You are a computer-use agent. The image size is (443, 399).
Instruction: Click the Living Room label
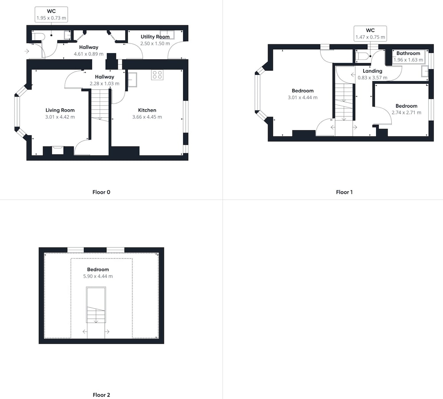pos(60,110)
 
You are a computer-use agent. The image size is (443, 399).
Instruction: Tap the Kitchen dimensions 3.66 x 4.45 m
pos(147,117)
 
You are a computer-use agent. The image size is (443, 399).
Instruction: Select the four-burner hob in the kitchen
pos(157,75)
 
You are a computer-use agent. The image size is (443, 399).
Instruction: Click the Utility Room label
pos(155,37)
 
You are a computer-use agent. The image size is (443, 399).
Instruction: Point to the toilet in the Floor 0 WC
pos(38,37)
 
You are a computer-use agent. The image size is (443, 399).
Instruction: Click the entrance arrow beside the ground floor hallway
pos(27,51)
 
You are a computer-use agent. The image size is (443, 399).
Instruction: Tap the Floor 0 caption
pos(101,192)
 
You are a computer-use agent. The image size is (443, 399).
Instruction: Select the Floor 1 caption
pos(344,192)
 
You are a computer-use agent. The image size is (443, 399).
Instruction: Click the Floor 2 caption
pos(101,395)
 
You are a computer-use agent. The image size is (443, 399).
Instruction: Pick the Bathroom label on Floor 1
pos(408,53)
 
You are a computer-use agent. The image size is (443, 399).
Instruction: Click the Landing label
pos(373,71)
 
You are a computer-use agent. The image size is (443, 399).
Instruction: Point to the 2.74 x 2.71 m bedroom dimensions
pos(406,112)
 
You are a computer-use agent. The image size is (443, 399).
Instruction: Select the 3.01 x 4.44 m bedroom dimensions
pos(303,97)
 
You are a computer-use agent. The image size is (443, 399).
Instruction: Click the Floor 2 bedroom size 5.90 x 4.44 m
pos(98,276)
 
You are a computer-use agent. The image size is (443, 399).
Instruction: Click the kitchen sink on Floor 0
pos(132,79)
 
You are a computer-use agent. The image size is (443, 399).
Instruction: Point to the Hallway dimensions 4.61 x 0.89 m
pos(89,54)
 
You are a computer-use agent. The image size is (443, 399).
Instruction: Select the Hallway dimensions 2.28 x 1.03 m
pos(105,84)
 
